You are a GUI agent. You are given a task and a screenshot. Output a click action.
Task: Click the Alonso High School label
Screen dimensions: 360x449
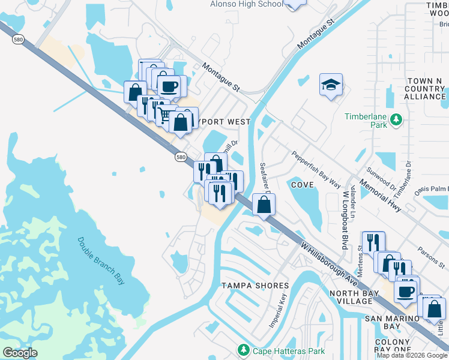(x=246, y=4)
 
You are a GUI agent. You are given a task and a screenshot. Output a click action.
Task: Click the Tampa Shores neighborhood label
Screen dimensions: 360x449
(x=255, y=285)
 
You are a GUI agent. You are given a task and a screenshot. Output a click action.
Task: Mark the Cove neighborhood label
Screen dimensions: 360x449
(x=303, y=185)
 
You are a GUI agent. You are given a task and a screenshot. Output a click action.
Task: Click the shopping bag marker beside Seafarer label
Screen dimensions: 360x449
(x=264, y=205)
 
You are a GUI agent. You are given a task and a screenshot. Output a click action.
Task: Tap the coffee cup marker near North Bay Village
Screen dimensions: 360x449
(x=406, y=291)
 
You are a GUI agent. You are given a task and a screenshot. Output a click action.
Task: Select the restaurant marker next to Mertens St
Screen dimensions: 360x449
(x=373, y=242)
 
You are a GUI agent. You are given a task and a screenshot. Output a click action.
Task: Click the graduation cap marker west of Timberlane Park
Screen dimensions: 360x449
(x=331, y=86)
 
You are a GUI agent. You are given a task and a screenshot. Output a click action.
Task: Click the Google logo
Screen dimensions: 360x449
(x=20, y=353)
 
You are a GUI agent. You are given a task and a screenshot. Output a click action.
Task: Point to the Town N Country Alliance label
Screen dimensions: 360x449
(x=425, y=89)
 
